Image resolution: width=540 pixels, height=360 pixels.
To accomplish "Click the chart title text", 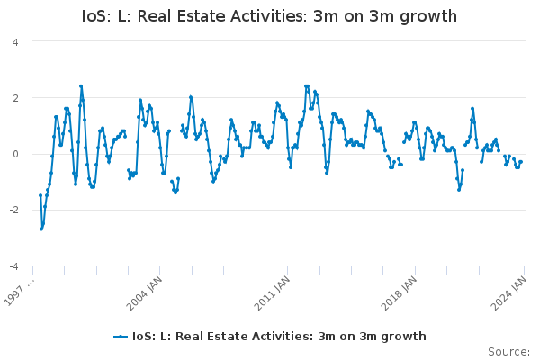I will [269, 16].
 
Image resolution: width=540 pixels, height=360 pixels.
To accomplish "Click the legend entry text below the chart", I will [279, 337].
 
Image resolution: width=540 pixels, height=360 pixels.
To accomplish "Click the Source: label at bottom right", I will [508, 351].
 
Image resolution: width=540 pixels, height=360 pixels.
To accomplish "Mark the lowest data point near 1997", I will [40, 229].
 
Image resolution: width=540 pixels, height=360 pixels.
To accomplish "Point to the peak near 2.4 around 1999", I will [81, 86].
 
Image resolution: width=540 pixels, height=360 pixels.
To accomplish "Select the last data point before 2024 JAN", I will [520, 162].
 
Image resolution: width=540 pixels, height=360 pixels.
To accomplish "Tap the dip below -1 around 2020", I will [458, 189].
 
